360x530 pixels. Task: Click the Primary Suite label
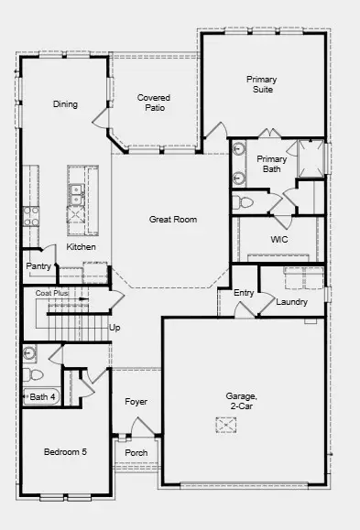pos(261,85)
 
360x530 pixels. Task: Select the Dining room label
pos(65,104)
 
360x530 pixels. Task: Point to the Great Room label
pos(173,220)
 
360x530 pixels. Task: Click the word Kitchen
pos(81,247)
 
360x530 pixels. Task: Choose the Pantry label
pos(38,266)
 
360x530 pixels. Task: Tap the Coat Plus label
pos(52,293)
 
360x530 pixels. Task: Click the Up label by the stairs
pos(115,327)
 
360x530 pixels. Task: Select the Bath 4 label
pos(43,396)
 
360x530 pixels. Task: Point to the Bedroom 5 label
pos(65,452)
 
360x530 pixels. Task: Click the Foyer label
pos(136,402)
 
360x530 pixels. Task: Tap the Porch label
pos(136,453)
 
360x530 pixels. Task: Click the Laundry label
pos(291,302)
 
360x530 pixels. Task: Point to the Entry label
pos(244,293)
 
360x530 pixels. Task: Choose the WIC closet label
pos(279,240)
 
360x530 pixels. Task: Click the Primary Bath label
pos(271,164)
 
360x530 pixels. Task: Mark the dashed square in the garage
pos(225,425)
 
